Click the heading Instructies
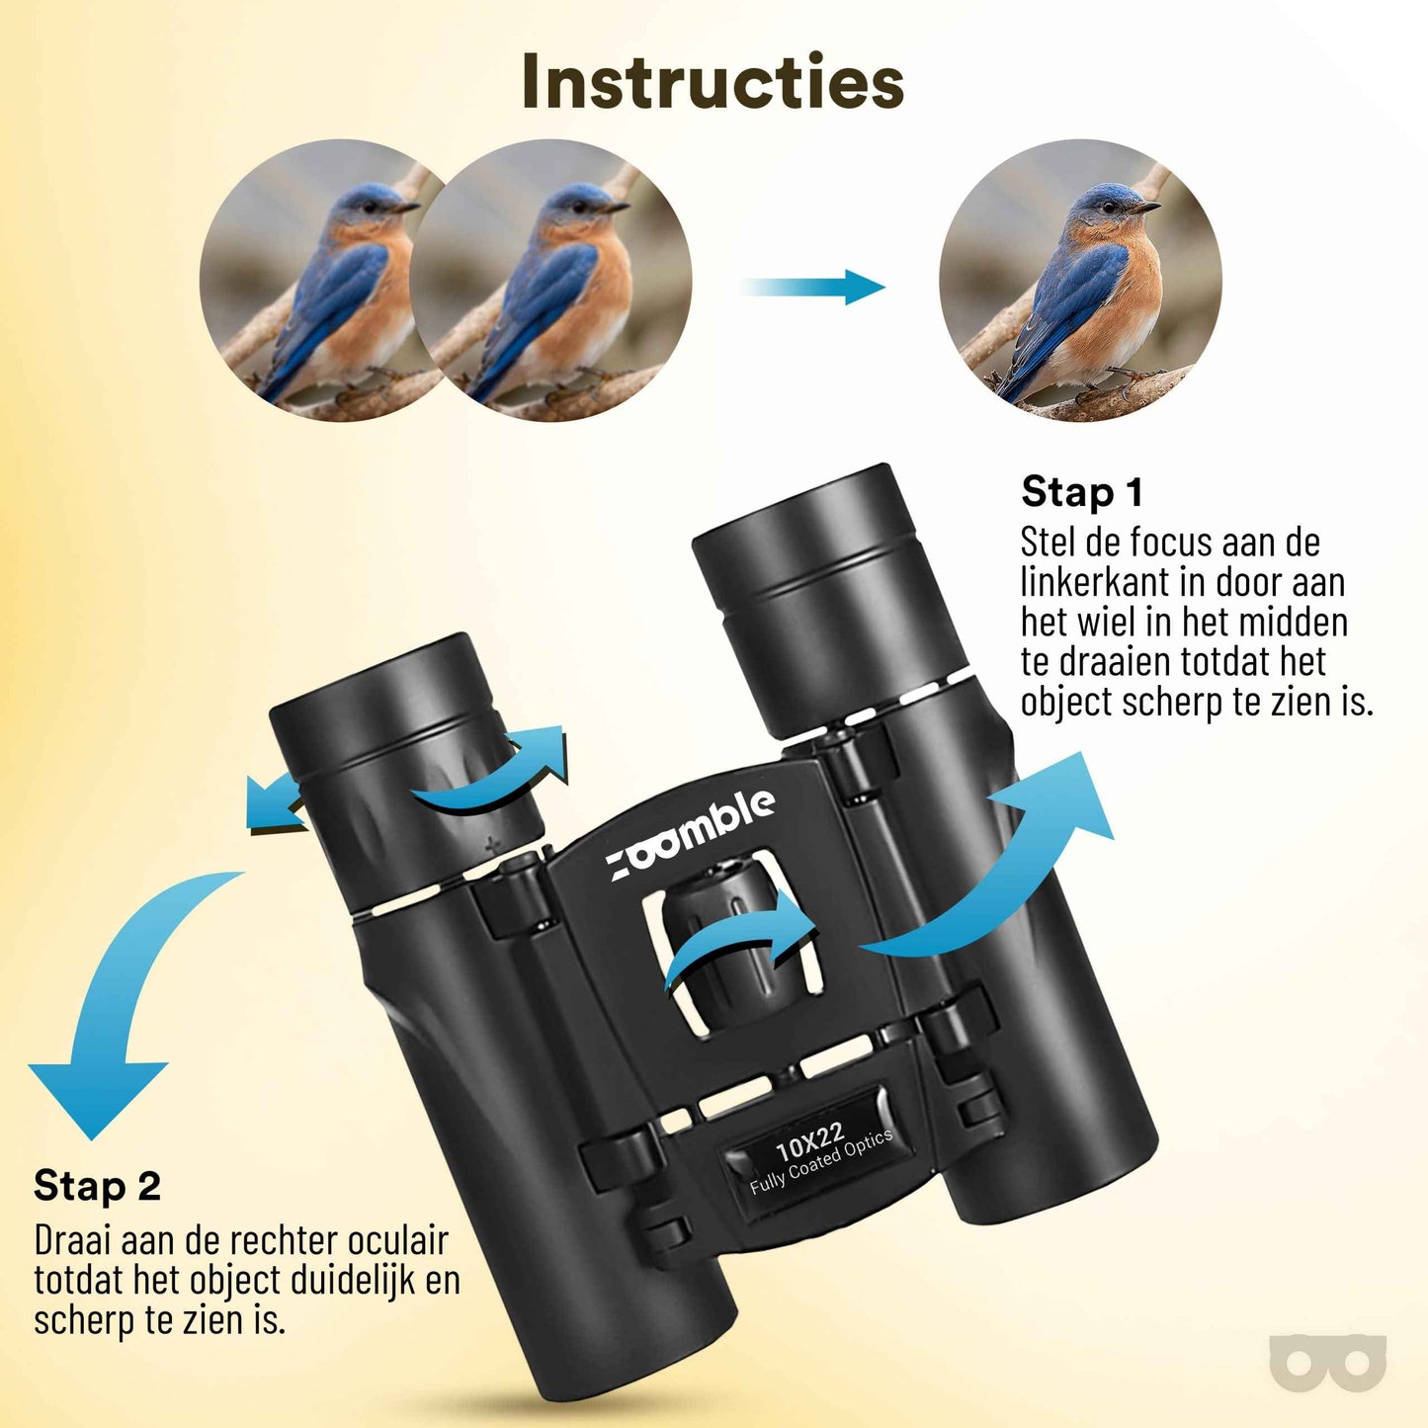tap(713, 81)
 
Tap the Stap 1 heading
tap(1081, 492)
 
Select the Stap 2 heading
tap(97, 1185)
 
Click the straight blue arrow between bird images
tap(813, 287)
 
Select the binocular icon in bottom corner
tap(1327, 1364)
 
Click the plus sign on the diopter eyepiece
tap(492, 843)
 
